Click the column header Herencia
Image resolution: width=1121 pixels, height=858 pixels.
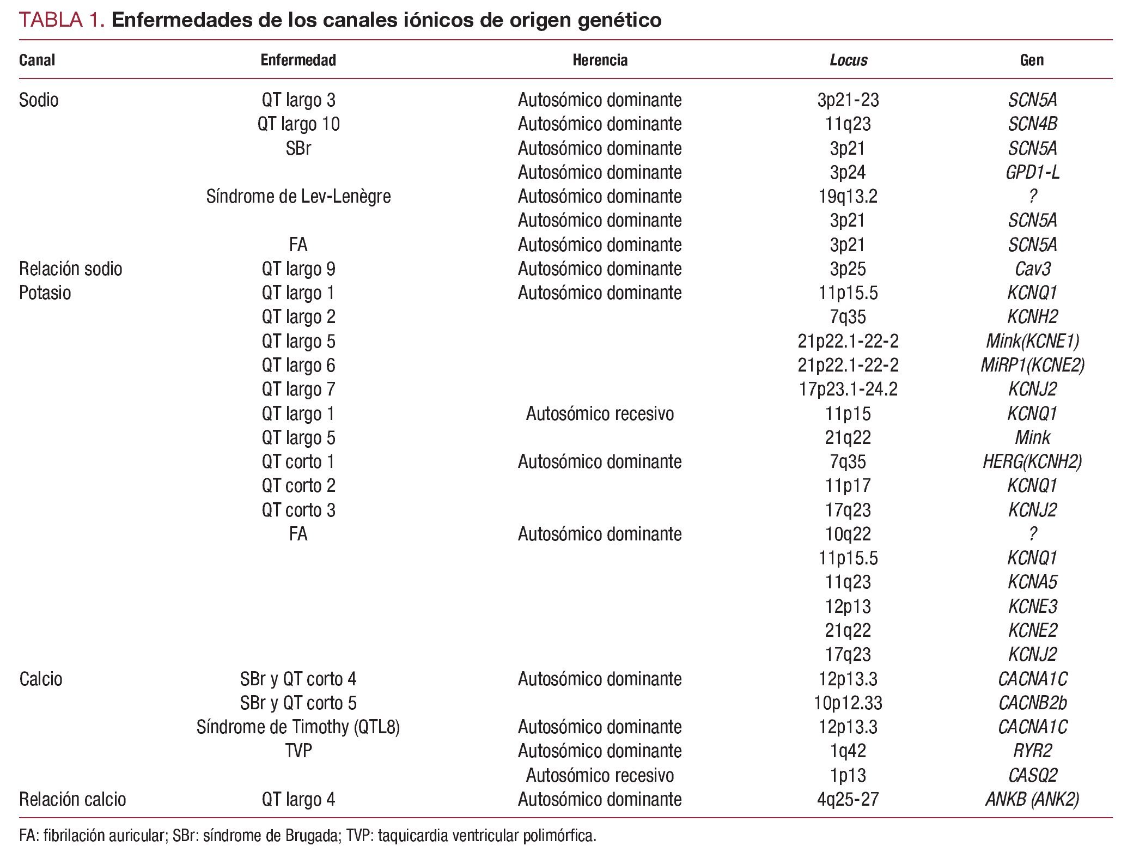pyautogui.click(x=600, y=60)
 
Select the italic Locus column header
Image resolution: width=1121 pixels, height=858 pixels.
pyautogui.click(x=848, y=60)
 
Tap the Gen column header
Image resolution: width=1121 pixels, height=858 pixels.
pyautogui.click(x=1032, y=60)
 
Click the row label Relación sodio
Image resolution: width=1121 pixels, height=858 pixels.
pyautogui.click(x=70, y=269)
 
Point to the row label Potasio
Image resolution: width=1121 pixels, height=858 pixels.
pyautogui.click(x=45, y=293)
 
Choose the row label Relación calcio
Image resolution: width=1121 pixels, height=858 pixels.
pyautogui.click(x=72, y=799)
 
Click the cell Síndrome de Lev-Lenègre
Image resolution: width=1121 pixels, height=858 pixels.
pyautogui.click(x=298, y=196)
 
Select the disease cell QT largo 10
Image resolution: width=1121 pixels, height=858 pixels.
pyautogui.click(x=298, y=124)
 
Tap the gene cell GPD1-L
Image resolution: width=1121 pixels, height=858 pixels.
pyautogui.click(x=1032, y=172)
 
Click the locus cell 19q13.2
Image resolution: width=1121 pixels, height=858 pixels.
pyautogui.click(x=848, y=196)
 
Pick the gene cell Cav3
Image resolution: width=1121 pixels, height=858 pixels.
pyautogui.click(x=1032, y=269)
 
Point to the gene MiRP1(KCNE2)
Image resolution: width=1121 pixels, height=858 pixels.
pyautogui.click(x=1032, y=365)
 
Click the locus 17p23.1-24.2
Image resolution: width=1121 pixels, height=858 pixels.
pyautogui.click(x=848, y=389)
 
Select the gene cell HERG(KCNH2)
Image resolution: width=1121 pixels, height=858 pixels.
pyautogui.click(x=1032, y=461)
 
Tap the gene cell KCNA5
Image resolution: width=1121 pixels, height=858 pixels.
pyautogui.click(x=1032, y=582)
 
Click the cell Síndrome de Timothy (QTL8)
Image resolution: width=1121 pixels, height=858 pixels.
pyautogui.click(x=298, y=727)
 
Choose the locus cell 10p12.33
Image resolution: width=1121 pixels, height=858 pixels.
pyautogui.click(x=848, y=703)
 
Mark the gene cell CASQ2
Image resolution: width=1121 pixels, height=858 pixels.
pyautogui.click(x=1032, y=775)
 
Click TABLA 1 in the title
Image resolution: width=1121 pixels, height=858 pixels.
pyautogui.click(x=61, y=20)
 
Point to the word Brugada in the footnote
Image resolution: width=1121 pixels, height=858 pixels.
pyautogui.click(x=310, y=835)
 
